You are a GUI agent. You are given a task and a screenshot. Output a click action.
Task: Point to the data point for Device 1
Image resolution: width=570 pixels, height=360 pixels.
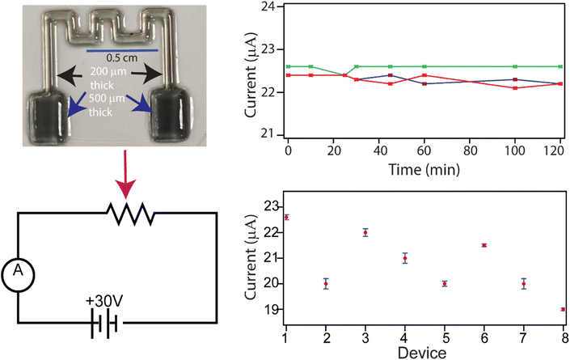point(286,217)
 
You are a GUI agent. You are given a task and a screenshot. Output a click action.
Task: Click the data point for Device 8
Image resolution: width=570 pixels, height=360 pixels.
point(562,309)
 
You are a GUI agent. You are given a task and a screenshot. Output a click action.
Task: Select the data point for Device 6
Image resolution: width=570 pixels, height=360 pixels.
point(483,245)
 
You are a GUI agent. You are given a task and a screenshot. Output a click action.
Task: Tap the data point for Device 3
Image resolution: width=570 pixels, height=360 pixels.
point(365,232)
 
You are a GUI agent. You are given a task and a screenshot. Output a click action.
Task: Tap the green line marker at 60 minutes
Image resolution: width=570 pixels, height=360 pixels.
point(424,66)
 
